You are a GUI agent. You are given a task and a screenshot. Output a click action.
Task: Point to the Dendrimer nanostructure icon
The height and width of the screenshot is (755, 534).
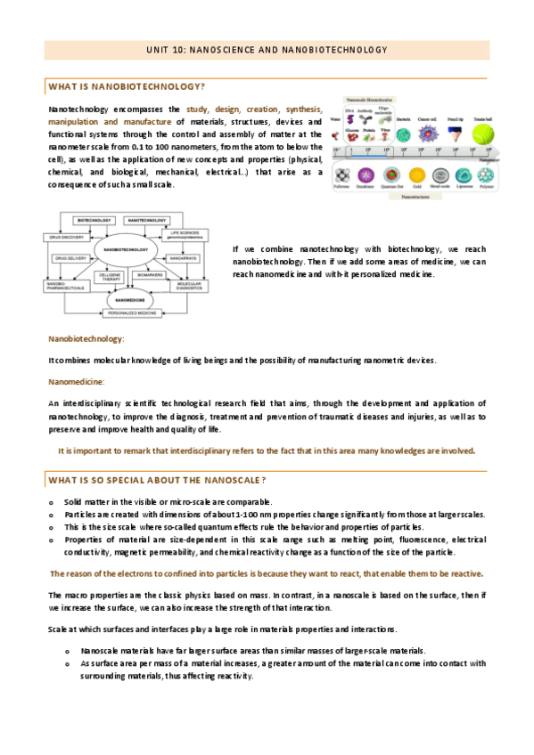click(365, 175)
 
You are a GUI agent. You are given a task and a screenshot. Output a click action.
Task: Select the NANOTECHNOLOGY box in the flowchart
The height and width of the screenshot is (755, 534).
click(149, 218)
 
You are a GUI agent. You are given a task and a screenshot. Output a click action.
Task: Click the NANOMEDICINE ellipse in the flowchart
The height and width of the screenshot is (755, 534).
click(128, 300)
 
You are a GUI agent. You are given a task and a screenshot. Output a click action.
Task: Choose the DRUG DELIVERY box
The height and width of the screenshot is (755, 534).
click(71, 257)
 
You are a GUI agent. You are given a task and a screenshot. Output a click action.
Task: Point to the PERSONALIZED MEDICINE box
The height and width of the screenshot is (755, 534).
click(128, 314)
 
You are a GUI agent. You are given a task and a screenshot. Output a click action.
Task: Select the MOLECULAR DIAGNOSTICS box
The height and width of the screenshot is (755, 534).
click(192, 285)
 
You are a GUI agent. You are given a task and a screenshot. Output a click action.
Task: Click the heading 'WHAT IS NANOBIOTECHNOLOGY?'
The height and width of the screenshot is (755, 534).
click(127, 86)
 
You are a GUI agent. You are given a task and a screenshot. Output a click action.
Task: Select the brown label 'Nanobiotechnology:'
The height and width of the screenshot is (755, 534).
click(86, 339)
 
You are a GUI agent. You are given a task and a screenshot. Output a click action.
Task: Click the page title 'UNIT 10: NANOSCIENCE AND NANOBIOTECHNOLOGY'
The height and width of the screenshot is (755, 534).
click(267, 50)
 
